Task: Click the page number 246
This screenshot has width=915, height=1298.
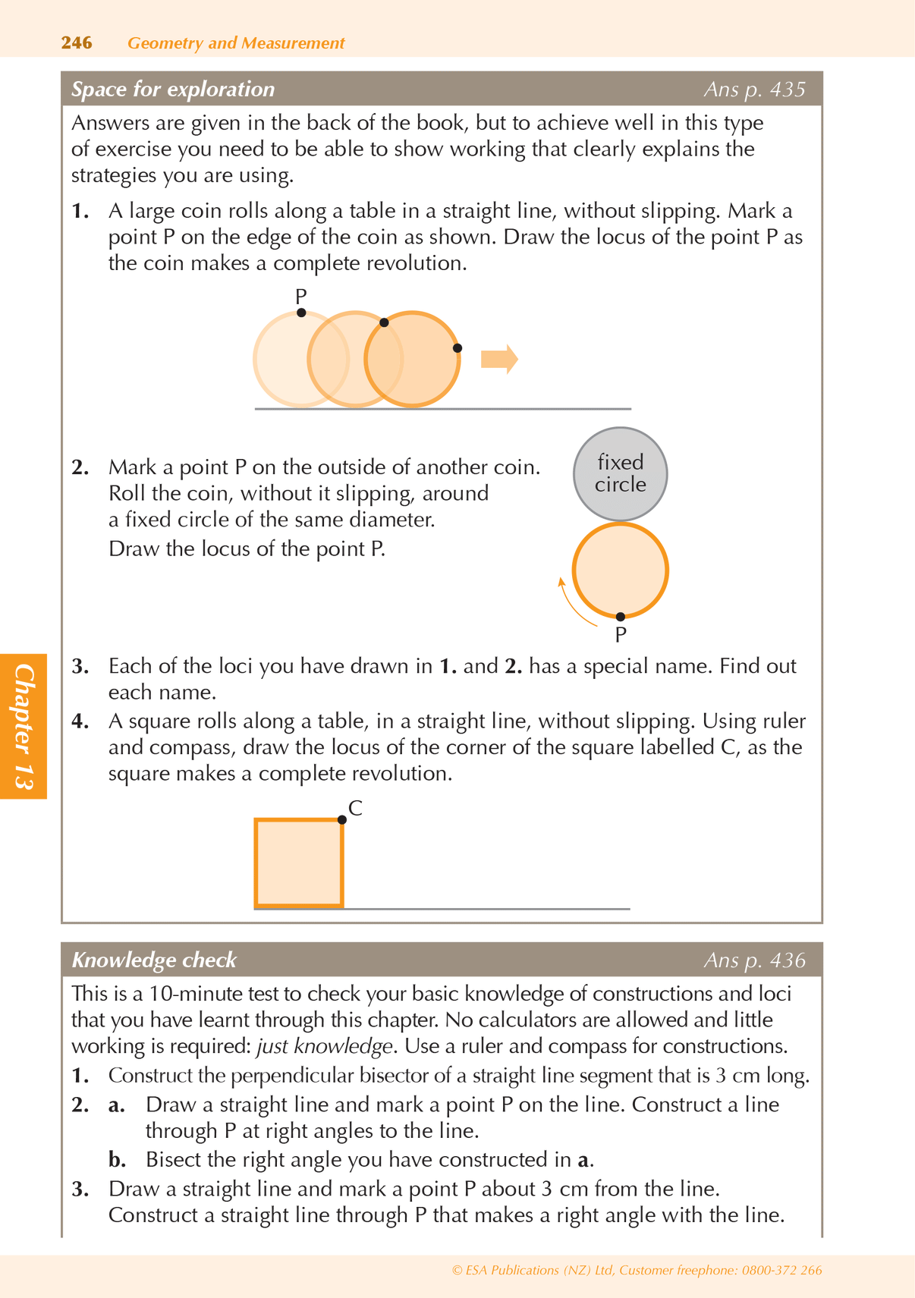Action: (x=77, y=42)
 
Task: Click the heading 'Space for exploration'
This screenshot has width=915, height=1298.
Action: (x=173, y=90)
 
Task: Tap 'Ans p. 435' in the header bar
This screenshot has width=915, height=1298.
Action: (x=754, y=90)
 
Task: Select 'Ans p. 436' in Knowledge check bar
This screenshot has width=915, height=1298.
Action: (x=754, y=960)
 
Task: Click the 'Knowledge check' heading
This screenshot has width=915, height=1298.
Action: (x=154, y=960)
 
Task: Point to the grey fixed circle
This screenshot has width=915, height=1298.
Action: (x=620, y=474)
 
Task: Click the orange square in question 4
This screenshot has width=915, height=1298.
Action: (x=299, y=863)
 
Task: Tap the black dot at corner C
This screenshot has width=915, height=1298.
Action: (x=342, y=820)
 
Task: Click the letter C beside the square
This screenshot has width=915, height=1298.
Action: (x=355, y=809)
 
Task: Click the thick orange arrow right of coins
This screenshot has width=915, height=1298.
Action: (x=499, y=359)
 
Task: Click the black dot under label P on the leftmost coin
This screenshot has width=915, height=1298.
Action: (x=301, y=313)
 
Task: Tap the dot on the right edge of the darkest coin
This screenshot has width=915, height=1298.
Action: (x=457, y=348)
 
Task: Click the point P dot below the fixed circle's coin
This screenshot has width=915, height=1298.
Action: (x=621, y=617)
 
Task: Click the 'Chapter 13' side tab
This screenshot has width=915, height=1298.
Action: (x=24, y=726)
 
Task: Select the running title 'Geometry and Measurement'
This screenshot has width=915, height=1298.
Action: (x=236, y=43)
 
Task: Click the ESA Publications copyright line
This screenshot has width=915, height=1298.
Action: (x=637, y=1270)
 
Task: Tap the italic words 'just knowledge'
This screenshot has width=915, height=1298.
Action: (x=324, y=1046)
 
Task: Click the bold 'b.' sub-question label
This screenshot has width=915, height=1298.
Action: (x=117, y=1160)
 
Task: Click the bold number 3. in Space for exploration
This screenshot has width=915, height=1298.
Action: (x=80, y=667)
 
